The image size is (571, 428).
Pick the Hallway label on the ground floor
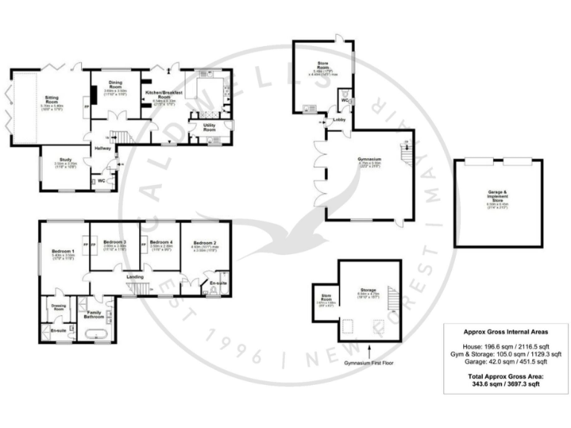click(x=102, y=149)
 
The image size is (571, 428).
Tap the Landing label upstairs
click(x=135, y=277)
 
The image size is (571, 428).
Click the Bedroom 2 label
click(x=204, y=243)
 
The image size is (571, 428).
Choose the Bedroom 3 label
click(x=114, y=242)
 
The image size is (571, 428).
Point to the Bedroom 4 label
click(x=161, y=242)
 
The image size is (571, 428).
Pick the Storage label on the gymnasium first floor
click(x=367, y=290)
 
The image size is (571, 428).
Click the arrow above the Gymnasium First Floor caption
click(x=370, y=348)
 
